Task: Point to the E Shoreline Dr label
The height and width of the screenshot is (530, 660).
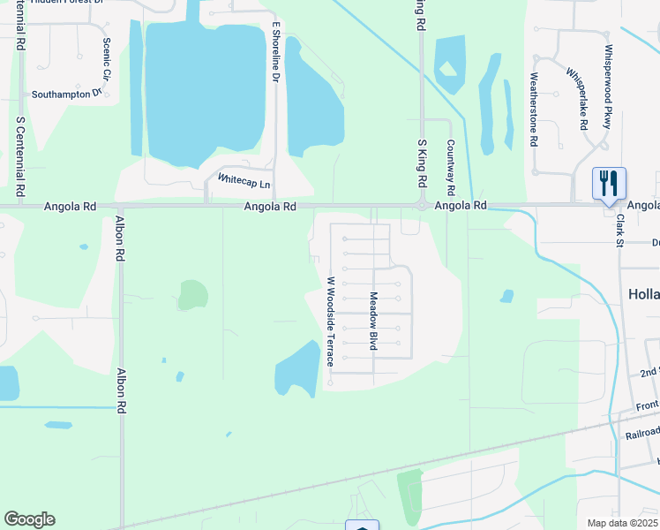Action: [275, 52]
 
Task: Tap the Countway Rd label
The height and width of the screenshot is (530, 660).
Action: [450, 168]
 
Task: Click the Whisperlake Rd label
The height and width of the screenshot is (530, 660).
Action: [577, 98]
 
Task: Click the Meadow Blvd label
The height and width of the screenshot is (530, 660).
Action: [373, 321]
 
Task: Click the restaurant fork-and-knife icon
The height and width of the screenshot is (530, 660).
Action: [609, 183]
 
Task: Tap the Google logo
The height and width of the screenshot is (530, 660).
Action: [29, 519]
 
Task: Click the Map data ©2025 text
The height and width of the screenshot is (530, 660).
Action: [622, 523]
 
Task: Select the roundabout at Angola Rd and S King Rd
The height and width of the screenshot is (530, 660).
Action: [422, 206]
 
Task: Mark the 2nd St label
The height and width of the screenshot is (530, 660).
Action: [649, 373]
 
